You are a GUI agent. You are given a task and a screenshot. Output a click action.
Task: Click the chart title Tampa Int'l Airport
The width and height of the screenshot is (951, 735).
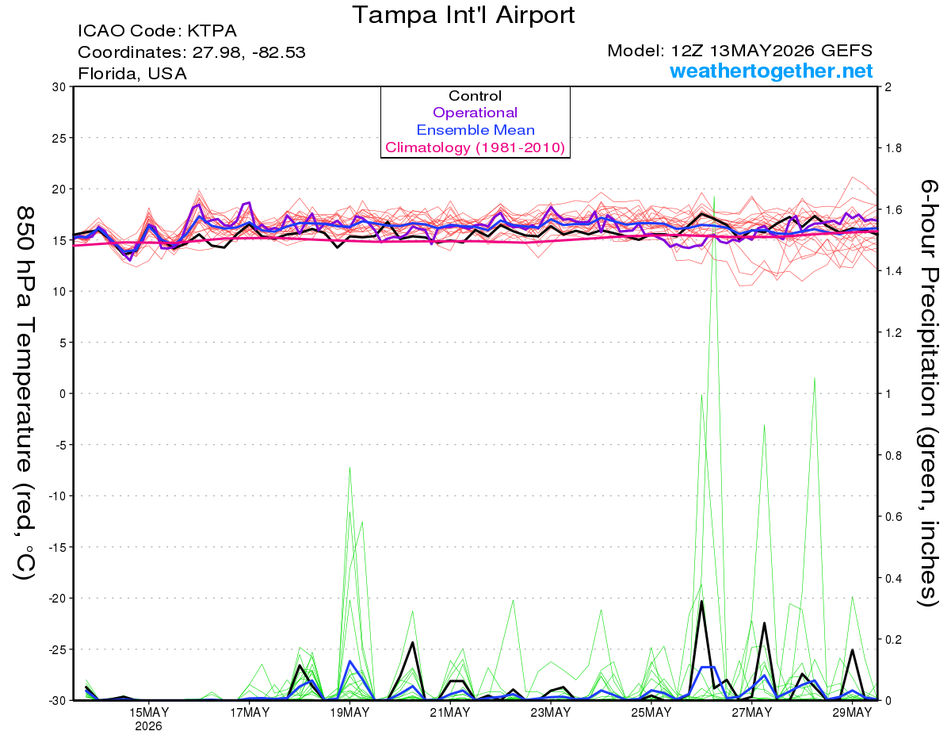tap(463, 15)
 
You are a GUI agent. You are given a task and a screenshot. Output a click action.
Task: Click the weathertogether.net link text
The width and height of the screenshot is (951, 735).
tap(770, 71)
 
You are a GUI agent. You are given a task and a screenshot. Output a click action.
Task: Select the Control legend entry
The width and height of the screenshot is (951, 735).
tap(475, 96)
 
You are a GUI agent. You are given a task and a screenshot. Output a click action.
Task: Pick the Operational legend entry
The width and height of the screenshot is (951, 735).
tap(475, 113)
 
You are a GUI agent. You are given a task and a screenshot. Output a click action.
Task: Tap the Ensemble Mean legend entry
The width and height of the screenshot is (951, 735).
tap(475, 130)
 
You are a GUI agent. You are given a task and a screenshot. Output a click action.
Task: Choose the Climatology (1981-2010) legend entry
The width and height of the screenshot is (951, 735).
tap(475, 147)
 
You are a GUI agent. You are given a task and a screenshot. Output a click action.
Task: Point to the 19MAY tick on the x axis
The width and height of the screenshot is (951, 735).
tap(349, 713)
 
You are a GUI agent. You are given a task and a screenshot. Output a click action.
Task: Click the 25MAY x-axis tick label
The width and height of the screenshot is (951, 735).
tap(651, 713)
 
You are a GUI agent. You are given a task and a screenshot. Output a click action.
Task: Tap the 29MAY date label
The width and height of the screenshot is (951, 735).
tap(852, 713)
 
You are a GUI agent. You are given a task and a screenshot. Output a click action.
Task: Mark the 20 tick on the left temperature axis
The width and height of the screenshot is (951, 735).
tap(59, 189)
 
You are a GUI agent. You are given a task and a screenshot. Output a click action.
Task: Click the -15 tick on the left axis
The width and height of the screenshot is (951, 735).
tap(57, 547)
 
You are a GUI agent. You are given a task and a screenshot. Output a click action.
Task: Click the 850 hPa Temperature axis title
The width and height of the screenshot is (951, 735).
tap(25, 393)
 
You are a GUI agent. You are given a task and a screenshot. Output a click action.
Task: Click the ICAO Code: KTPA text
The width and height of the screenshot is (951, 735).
tap(157, 31)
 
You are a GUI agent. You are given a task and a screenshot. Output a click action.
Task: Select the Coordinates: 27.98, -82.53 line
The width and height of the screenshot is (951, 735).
tap(191, 52)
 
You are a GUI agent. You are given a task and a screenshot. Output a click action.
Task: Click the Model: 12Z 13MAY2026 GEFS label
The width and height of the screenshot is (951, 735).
tap(739, 51)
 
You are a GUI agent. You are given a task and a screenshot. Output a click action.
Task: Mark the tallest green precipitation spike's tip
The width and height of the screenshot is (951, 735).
tap(714, 197)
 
